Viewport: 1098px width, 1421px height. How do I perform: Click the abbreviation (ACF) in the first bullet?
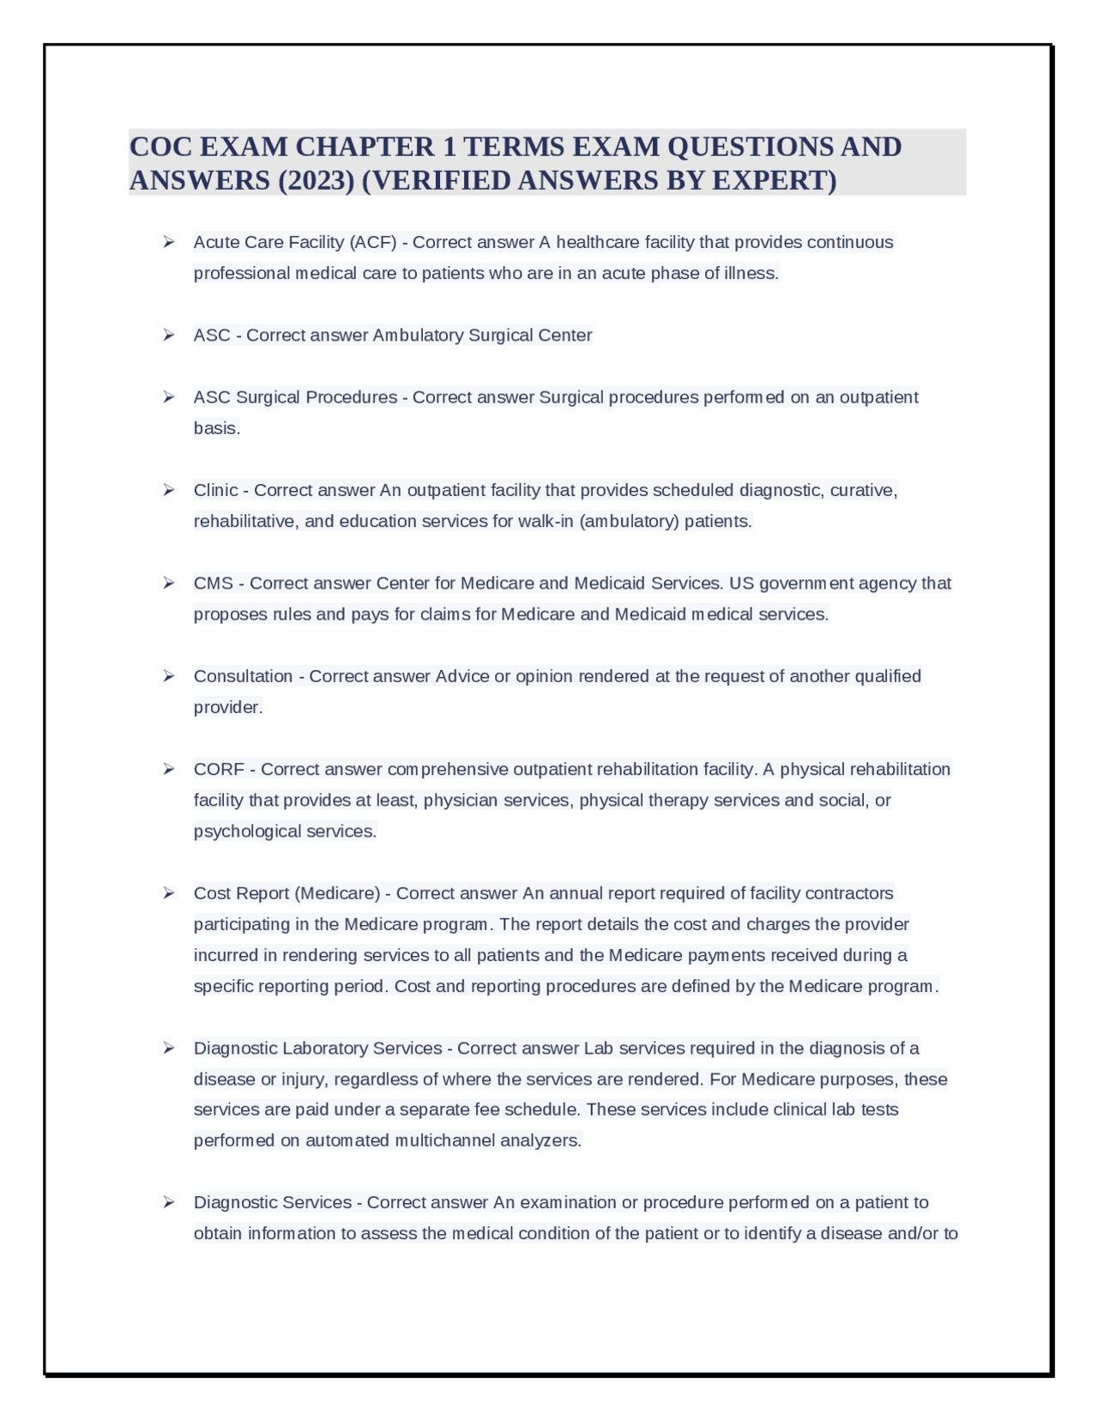(373, 243)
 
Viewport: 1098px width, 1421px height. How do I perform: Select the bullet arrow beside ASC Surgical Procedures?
(169, 397)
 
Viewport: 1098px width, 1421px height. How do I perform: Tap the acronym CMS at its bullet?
(214, 584)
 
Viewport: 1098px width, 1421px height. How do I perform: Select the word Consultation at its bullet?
(243, 676)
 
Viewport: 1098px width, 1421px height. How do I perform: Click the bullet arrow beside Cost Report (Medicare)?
(169, 893)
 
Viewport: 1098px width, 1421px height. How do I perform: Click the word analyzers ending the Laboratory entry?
(540, 1140)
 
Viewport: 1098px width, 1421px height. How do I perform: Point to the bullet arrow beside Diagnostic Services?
(169, 1202)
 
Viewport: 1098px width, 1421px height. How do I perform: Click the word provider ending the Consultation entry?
(226, 707)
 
